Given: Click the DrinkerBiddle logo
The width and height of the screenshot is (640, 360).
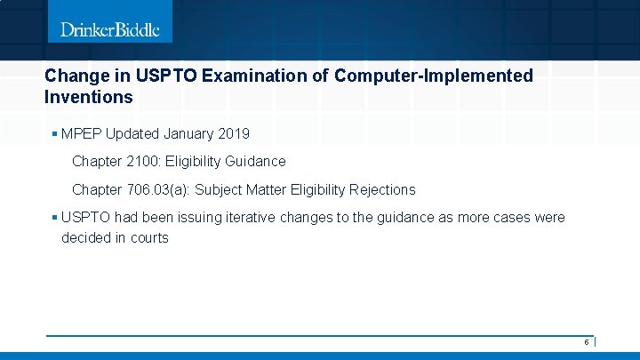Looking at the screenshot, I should click(x=110, y=29).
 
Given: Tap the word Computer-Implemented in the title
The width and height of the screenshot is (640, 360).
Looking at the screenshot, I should click(x=434, y=76).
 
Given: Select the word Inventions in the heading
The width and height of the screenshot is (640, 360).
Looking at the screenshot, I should click(x=88, y=97).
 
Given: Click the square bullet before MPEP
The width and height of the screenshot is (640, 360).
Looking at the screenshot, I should click(x=55, y=134).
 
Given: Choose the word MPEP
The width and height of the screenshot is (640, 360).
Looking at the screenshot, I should click(x=83, y=134).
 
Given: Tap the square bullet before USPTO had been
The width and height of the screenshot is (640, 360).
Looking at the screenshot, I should click(x=55, y=218).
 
